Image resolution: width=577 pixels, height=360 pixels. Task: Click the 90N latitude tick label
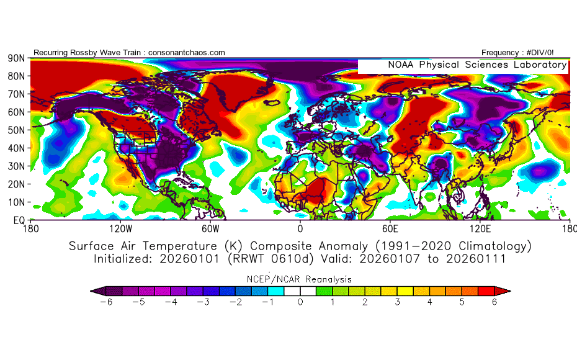(x=16, y=58)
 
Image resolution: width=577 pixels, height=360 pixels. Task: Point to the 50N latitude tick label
(x=16, y=130)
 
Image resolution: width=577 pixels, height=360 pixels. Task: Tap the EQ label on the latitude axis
(x=19, y=220)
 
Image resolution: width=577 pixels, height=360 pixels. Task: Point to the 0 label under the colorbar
(x=300, y=302)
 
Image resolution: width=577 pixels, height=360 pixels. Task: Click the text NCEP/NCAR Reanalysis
(x=300, y=279)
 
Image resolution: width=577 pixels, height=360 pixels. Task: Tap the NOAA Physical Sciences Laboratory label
(x=477, y=65)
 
